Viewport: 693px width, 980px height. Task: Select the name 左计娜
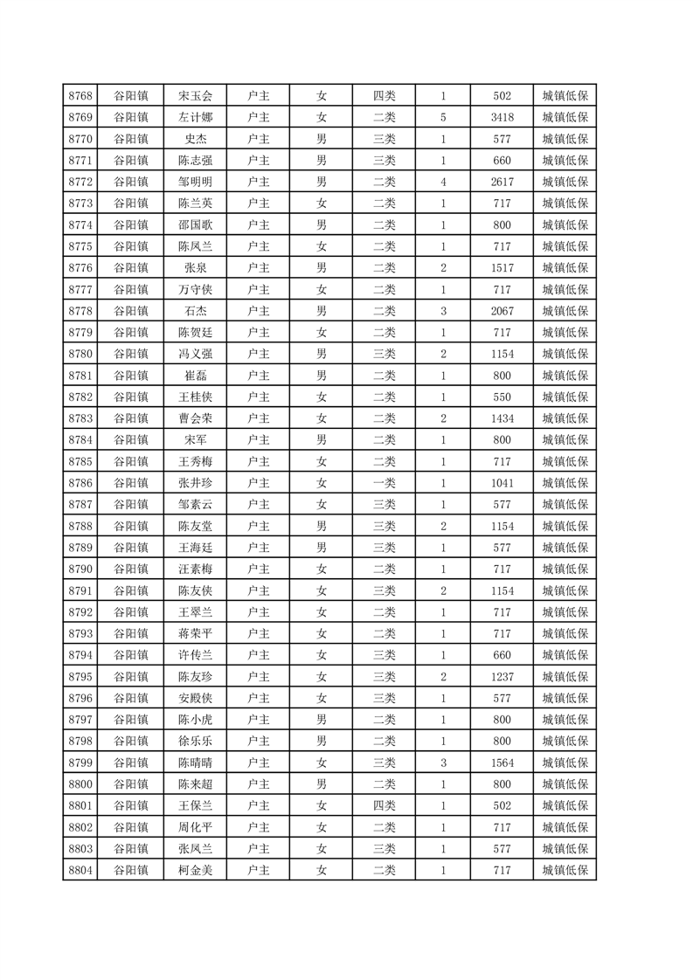click(195, 118)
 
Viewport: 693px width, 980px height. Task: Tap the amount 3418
click(502, 118)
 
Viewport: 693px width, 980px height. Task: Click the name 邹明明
click(195, 183)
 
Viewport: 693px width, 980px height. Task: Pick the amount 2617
click(502, 183)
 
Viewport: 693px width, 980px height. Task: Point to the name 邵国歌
click(195, 225)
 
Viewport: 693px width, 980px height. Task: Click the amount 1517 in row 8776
click(502, 268)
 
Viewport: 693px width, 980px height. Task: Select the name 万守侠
click(195, 290)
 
